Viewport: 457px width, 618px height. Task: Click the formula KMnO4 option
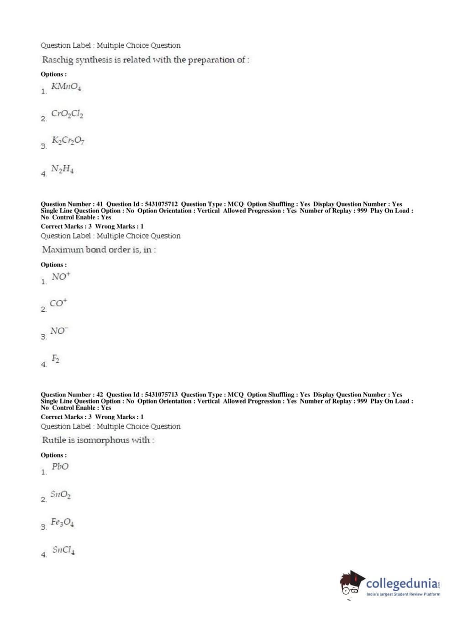point(66,87)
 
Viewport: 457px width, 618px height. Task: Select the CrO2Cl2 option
point(67,114)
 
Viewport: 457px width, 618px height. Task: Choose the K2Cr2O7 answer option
point(68,141)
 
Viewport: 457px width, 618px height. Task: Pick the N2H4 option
point(63,169)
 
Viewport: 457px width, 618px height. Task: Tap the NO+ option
point(61,277)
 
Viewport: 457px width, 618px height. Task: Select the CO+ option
point(58,303)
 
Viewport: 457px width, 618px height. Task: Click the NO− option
point(59,331)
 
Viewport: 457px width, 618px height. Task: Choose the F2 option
point(55,359)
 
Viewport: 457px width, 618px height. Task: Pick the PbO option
point(60,467)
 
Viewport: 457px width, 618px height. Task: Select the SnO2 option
point(60,494)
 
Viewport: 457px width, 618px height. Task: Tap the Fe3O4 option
point(63,522)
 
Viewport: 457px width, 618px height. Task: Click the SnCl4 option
point(63,550)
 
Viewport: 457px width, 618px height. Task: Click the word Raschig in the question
point(57,60)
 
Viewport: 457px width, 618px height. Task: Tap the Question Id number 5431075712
point(161,204)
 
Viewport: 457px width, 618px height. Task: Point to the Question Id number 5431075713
point(161,395)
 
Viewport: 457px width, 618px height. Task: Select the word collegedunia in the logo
point(401,584)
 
